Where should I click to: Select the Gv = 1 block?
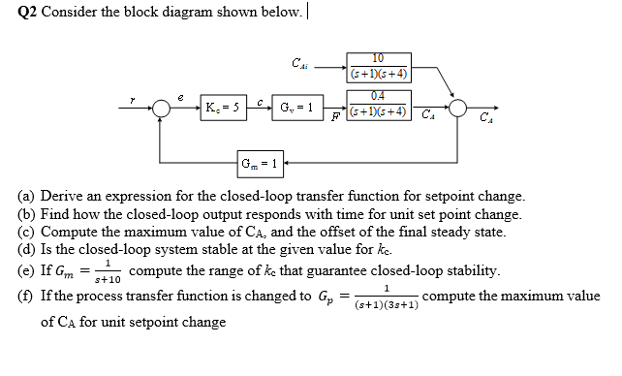[297, 106]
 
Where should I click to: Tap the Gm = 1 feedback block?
[262, 163]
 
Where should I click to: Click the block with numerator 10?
[378, 66]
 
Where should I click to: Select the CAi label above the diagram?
[299, 65]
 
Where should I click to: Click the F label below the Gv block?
[333, 118]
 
